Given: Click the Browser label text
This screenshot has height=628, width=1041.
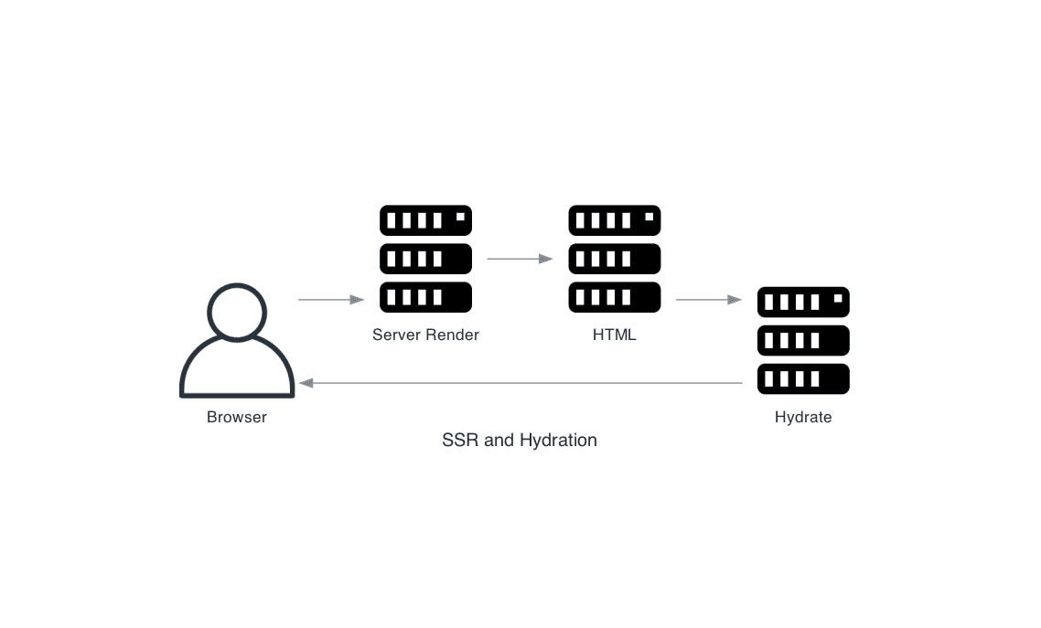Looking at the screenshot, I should click(x=236, y=418).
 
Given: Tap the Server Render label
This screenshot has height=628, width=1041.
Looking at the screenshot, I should click(x=425, y=335).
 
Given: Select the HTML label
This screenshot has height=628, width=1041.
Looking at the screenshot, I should click(x=614, y=335).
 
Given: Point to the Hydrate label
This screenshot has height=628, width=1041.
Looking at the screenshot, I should click(x=803, y=418).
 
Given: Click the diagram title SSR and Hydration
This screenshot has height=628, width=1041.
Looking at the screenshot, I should click(x=519, y=441).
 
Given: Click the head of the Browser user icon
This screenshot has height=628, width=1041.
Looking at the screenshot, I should click(x=237, y=312).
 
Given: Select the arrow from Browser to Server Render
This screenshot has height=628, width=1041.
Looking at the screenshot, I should click(x=331, y=300).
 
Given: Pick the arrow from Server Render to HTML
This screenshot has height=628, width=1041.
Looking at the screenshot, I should click(x=520, y=260).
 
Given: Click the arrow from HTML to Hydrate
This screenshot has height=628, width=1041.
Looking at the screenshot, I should click(x=708, y=300).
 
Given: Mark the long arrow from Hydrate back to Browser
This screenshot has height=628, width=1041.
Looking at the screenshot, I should click(x=520, y=384).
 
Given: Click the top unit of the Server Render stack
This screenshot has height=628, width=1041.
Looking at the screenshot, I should click(x=425, y=220).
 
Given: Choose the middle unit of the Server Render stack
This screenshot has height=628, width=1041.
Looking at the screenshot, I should click(x=425, y=259).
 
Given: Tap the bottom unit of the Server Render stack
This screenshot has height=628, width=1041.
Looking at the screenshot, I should click(x=425, y=297).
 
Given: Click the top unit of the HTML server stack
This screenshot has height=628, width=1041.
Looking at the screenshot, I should click(x=614, y=220).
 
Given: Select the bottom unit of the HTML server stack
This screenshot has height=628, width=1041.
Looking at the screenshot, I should click(x=614, y=297).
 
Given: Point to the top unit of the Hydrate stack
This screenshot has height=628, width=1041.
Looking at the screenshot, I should click(x=803, y=302).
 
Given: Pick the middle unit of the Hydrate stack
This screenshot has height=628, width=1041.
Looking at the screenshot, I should click(x=803, y=340).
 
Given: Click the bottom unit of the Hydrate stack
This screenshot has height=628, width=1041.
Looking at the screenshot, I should click(x=803, y=378).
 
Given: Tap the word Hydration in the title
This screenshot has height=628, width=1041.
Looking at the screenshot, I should click(x=558, y=441).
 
